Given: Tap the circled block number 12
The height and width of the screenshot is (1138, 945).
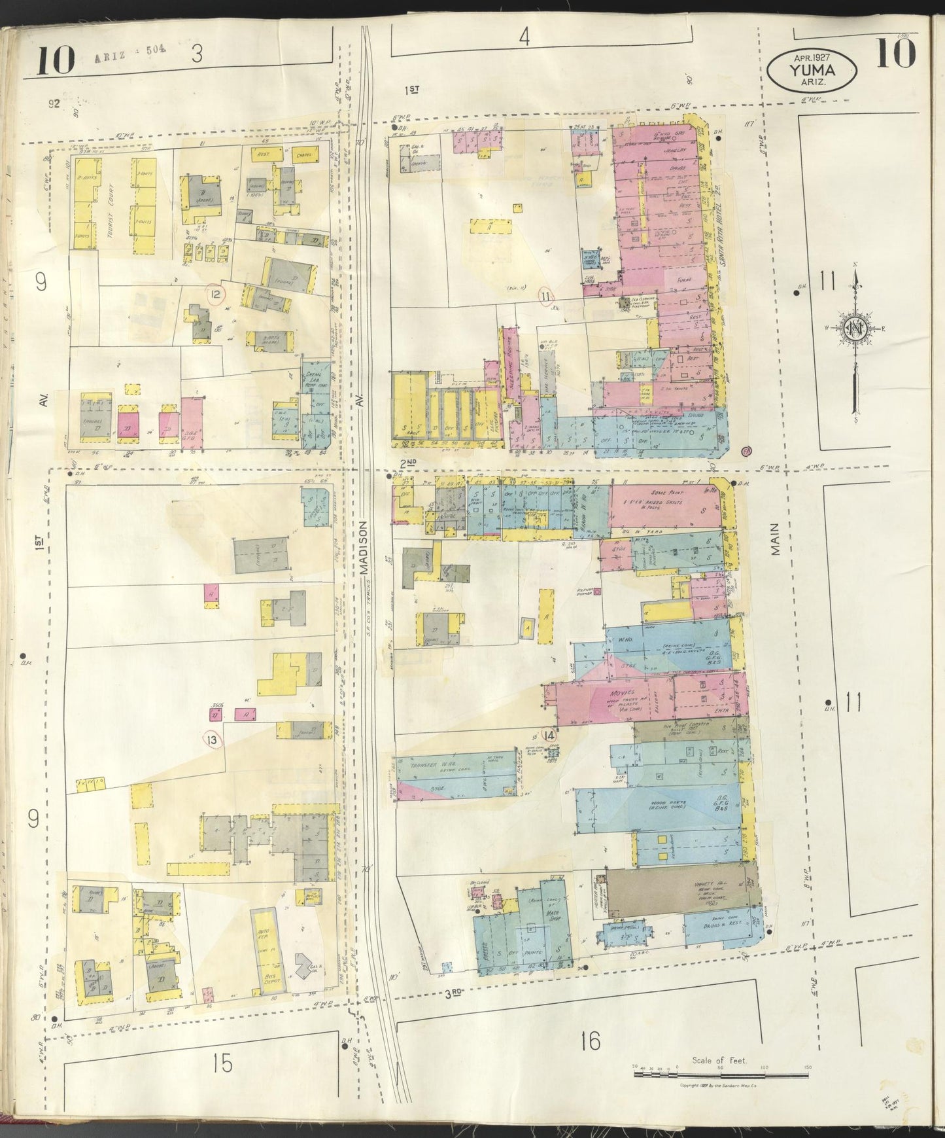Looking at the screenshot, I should click(215, 294).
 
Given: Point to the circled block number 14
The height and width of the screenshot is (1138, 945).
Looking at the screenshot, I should click(549, 735).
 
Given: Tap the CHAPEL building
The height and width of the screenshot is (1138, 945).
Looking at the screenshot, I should click(302, 155).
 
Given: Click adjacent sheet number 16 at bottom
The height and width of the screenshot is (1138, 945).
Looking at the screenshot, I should click(590, 1040).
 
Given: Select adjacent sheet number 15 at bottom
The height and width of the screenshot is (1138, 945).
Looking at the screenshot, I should click(222, 1063).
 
